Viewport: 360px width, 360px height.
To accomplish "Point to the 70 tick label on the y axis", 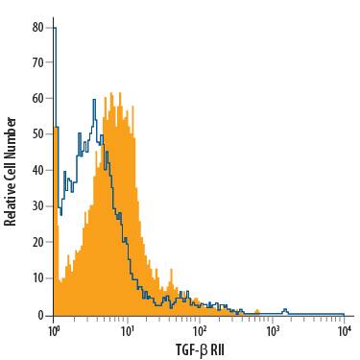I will pos(37,62).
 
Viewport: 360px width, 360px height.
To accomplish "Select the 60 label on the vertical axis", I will pos(37,98).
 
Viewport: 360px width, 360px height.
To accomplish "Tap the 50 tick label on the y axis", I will pos(37,134).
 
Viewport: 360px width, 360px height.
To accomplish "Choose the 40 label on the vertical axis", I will pos(37,170).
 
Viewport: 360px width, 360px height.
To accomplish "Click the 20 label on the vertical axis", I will pos(37,242).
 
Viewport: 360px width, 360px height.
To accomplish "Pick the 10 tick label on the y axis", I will pos(37,278).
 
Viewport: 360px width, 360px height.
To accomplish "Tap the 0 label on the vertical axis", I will pos(40,314).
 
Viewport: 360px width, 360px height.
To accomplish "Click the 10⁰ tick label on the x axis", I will pos(54,330).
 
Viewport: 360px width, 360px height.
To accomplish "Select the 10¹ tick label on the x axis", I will pos(127,330).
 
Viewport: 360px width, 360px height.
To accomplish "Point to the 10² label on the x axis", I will pos(200,330).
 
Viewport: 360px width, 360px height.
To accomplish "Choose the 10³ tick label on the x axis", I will pos(273,330).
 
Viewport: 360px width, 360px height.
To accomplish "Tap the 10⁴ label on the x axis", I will pos(345,330).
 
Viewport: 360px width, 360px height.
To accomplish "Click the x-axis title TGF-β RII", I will pos(199,350).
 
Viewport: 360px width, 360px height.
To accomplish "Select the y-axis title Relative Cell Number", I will pos(11,171).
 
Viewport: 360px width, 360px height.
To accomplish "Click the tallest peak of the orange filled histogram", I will pos(112,94).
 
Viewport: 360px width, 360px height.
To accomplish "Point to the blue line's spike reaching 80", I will pos(55,29).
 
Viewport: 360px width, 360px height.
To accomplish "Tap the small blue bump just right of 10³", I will pos(284,310).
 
